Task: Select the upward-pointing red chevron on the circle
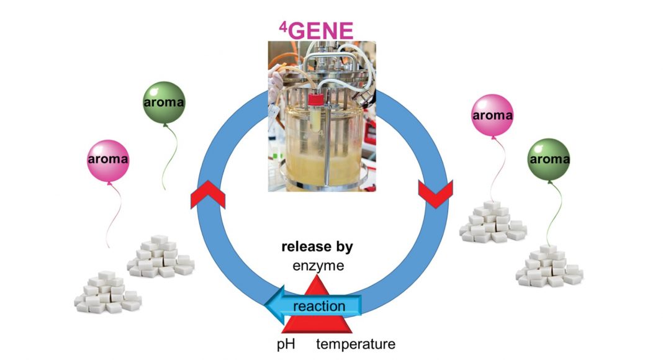[x=207, y=195]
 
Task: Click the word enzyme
[x=317, y=267]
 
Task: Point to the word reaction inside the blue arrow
[x=318, y=306]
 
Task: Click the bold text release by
[x=317, y=247]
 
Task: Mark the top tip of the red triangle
[x=318, y=277]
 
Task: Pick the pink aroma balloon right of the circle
[x=492, y=116]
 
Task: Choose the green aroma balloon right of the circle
[x=549, y=160]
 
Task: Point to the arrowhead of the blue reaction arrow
[x=272, y=305]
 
